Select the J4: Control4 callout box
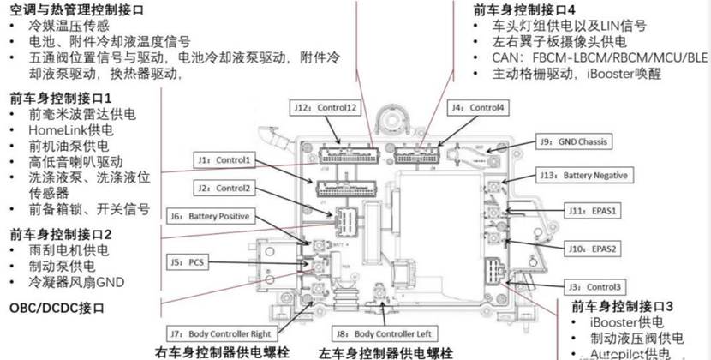click(x=478, y=108)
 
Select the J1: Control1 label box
click(x=223, y=160)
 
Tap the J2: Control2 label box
click(x=223, y=188)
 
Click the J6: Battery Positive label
click(x=218, y=216)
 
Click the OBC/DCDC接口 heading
click(x=58, y=307)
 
